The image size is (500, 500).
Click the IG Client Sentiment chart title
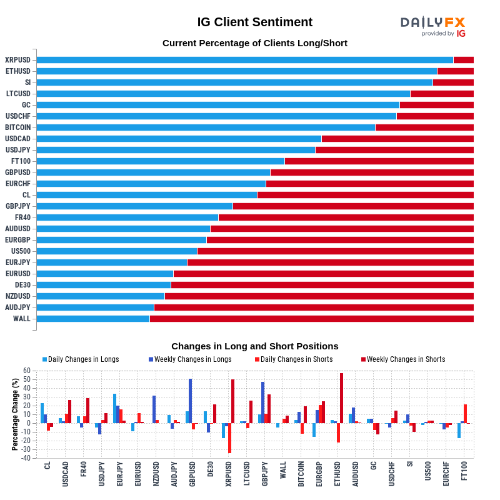point(254,22)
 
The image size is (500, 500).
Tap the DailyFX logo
point(433,26)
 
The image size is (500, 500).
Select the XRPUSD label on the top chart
point(17,60)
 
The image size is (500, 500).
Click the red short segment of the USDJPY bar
point(394,150)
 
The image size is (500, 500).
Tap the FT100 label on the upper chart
point(21,161)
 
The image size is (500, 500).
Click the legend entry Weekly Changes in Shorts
point(406,359)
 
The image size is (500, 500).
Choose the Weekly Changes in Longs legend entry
point(193,359)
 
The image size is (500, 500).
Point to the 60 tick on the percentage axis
point(27,371)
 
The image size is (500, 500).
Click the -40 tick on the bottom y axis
point(26,458)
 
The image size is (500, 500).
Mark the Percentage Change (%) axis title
point(15,414)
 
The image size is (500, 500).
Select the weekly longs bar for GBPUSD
point(191,401)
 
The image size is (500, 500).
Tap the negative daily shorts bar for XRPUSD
point(230,438)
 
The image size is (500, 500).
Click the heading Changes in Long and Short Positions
point(254,346)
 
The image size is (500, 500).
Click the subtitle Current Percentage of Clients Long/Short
point(254,43)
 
